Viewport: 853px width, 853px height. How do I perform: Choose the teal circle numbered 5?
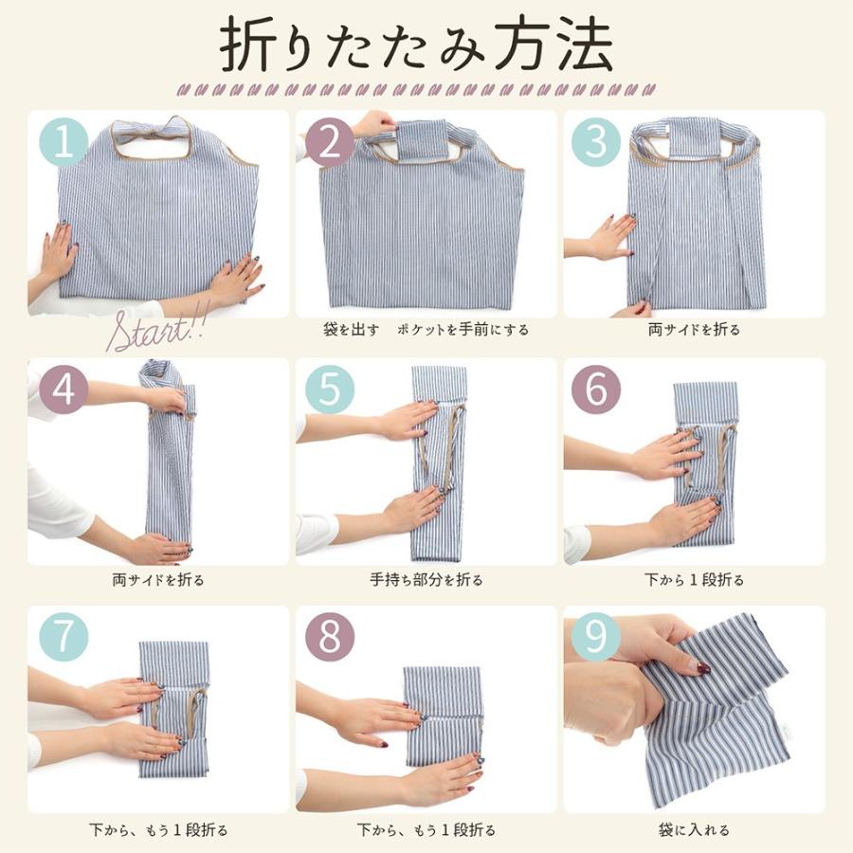pyautogui.click(x=329, y=390)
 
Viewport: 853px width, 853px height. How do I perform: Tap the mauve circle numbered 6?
pyautogui.click(x=596, y=390)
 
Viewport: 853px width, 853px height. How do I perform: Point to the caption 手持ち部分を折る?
pyautogui.click(x=426, y=579)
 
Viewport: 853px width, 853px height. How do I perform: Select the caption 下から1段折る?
pyautogui.click(x=695, y=579)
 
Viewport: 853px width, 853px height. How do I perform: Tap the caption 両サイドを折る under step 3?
pyautogui.click(x=694, y=331)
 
